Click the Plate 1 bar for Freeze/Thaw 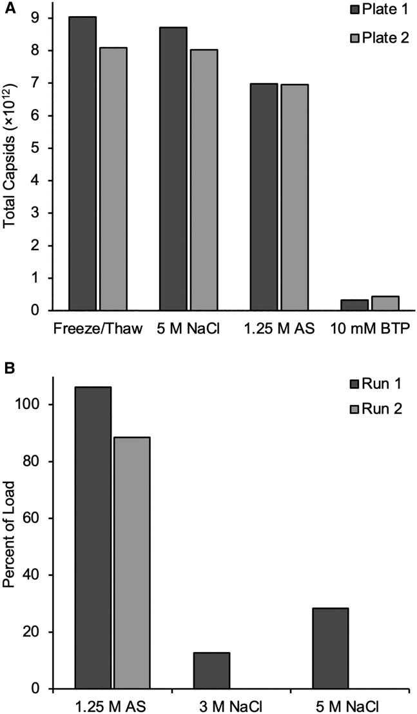pyautogui.click(x=82, y=164)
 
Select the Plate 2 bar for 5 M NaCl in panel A pyautogui.click(x=204, y=180)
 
